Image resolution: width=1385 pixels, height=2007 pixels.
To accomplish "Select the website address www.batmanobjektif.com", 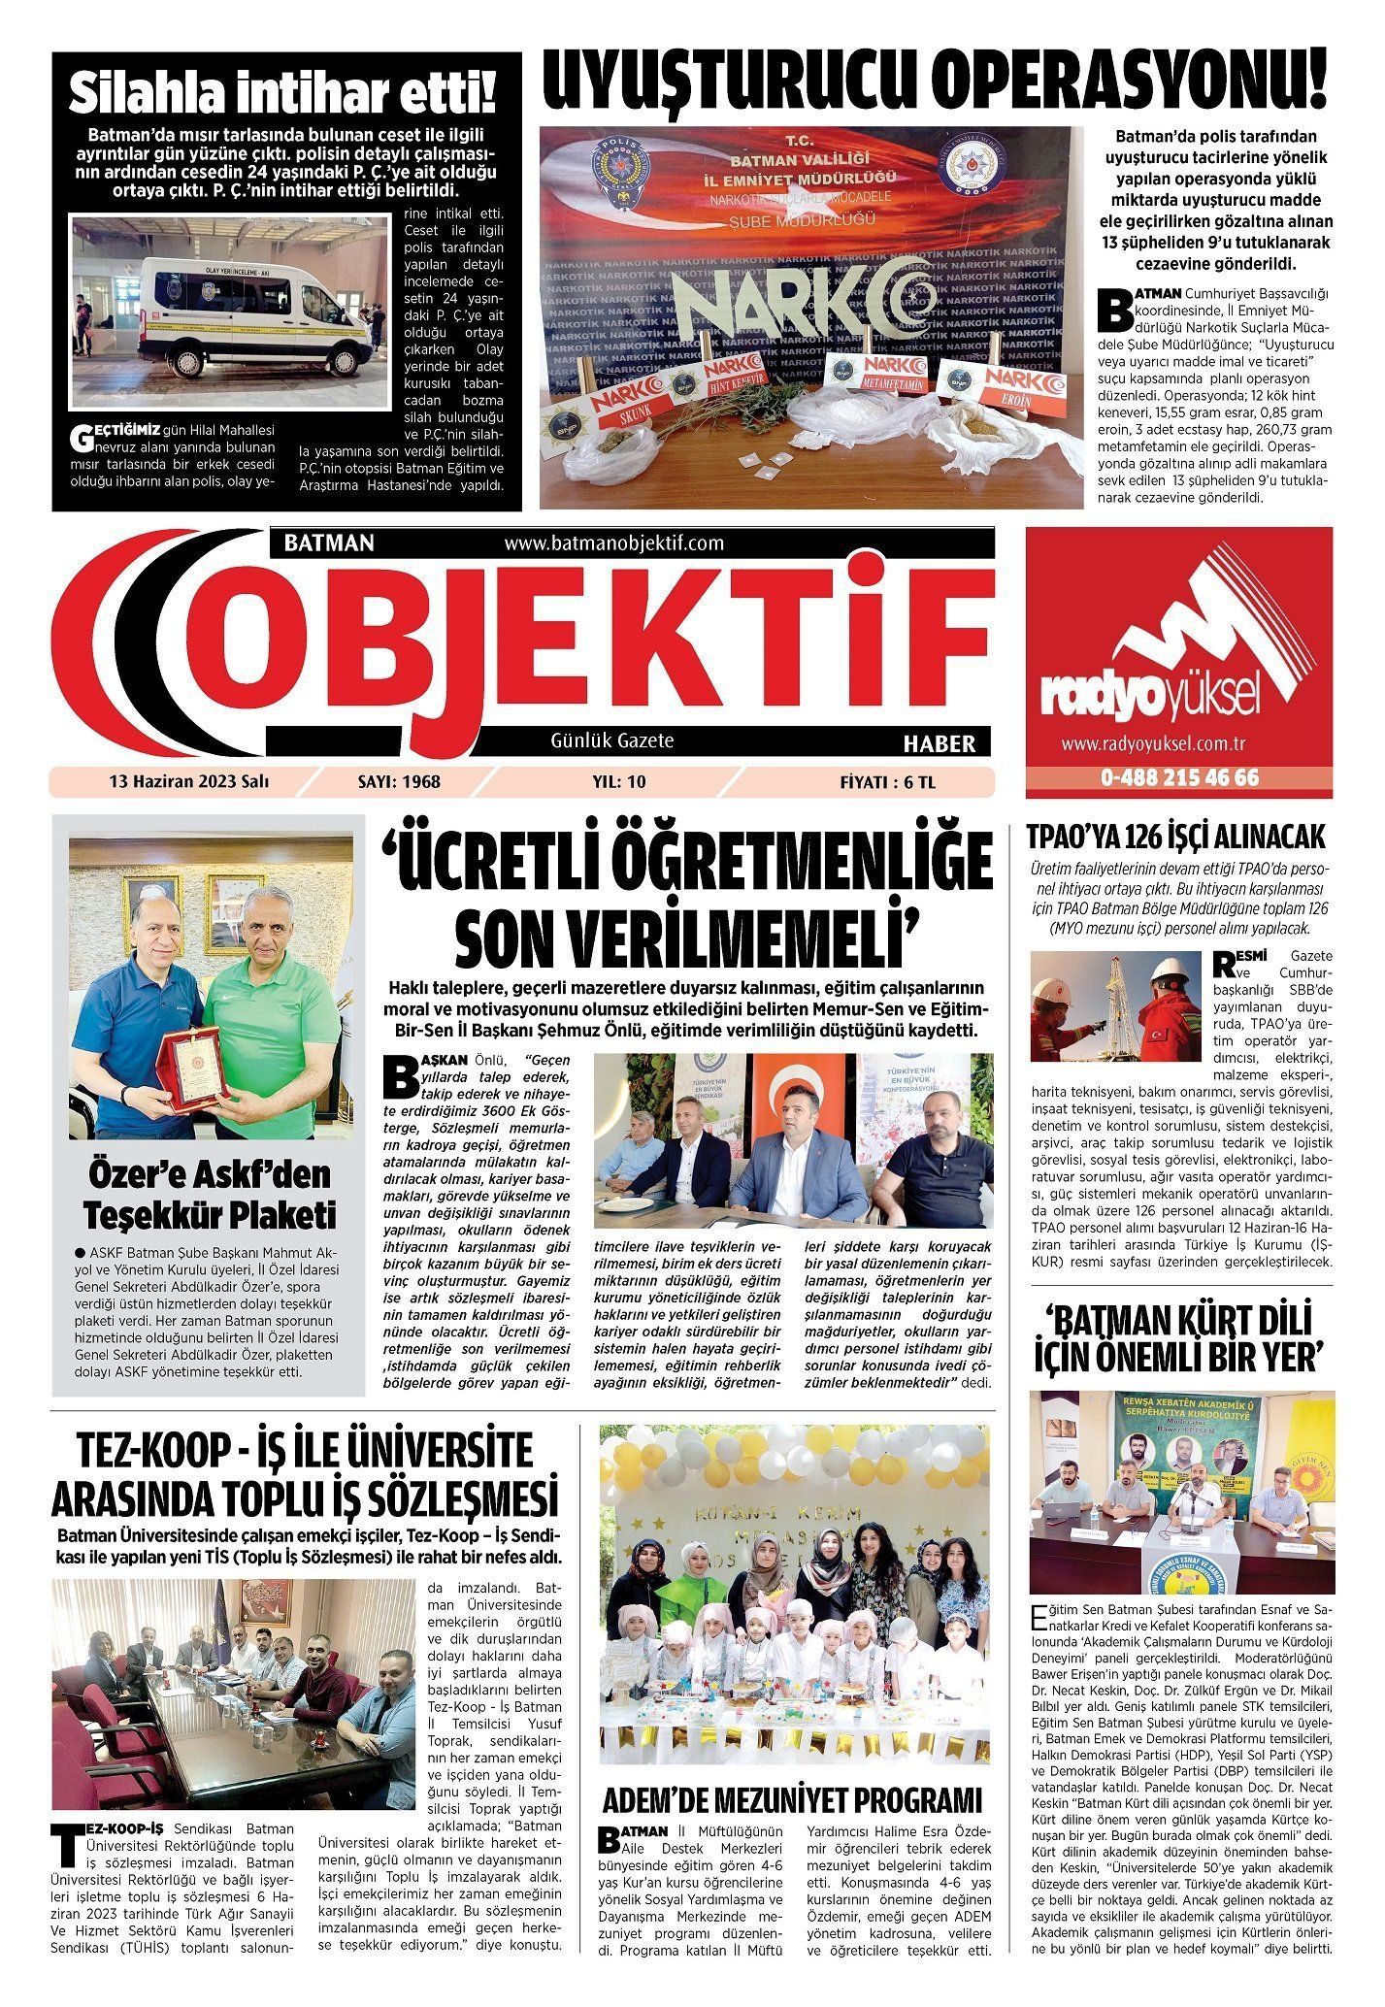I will pos(614,543).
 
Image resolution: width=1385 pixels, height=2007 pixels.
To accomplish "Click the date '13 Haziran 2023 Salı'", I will pos(189,781).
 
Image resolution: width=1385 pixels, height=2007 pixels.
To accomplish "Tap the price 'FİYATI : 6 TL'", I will pos(888,781).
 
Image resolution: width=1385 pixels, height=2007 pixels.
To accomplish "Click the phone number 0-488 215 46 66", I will pos(1179,778).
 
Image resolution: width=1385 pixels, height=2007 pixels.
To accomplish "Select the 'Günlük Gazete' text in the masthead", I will pos(611,740).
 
